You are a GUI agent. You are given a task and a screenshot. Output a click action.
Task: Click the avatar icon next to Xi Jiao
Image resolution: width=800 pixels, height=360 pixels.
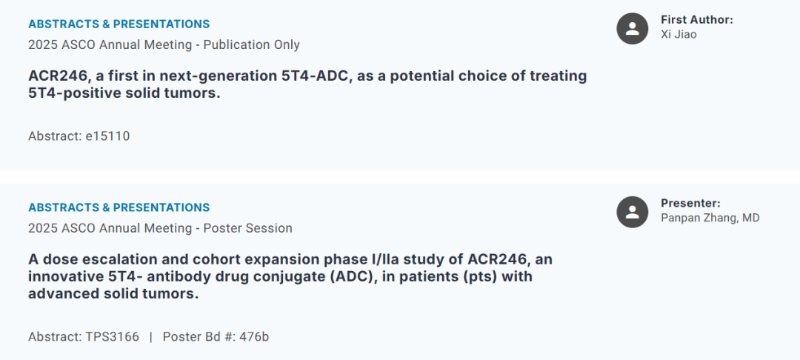coord(632,28)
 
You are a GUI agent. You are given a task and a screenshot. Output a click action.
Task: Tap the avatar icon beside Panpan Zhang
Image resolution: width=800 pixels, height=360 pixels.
coord(632,212)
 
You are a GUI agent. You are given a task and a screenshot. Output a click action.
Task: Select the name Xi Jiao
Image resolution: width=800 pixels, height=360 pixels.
coord(679,34)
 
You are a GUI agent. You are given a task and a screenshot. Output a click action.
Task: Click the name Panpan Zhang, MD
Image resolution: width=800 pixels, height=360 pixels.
coord(710,218)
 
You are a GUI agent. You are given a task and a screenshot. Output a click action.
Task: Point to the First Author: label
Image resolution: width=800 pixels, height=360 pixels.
coord(696,20)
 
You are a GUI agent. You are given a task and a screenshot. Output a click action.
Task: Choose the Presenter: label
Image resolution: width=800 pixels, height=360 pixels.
coord(690,203)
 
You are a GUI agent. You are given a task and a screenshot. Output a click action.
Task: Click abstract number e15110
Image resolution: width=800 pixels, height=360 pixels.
coord(107,136)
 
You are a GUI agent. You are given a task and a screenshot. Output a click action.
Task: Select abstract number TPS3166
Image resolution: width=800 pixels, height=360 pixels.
coord(112,337)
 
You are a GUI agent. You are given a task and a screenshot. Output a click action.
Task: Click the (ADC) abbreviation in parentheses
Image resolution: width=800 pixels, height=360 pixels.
coord(319,277)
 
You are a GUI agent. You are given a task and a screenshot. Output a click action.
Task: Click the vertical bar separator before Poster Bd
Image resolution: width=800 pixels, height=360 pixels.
coord(150,337)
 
